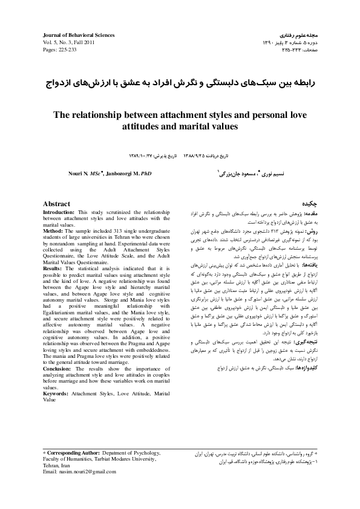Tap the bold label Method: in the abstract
coord(53,230)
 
